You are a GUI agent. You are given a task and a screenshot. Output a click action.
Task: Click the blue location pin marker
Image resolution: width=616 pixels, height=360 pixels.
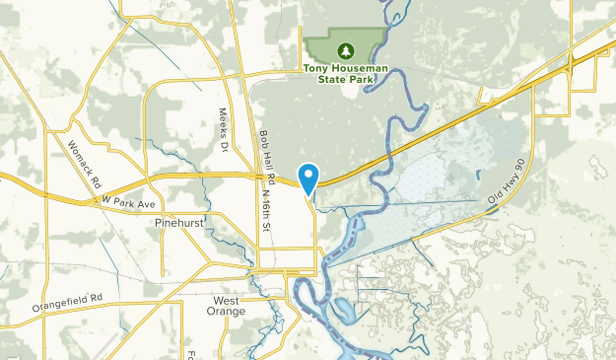pyautogui.click(x=309, y=178)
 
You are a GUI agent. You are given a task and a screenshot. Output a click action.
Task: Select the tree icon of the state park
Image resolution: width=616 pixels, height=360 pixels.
pyautogui.click(x=345, y=50)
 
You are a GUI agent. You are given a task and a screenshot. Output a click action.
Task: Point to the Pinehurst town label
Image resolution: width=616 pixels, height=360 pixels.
pyautogui.click(x=179, y=224)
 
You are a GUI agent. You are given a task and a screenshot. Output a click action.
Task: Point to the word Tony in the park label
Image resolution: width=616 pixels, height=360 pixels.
pyautogui.click(x=315, y=68)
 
